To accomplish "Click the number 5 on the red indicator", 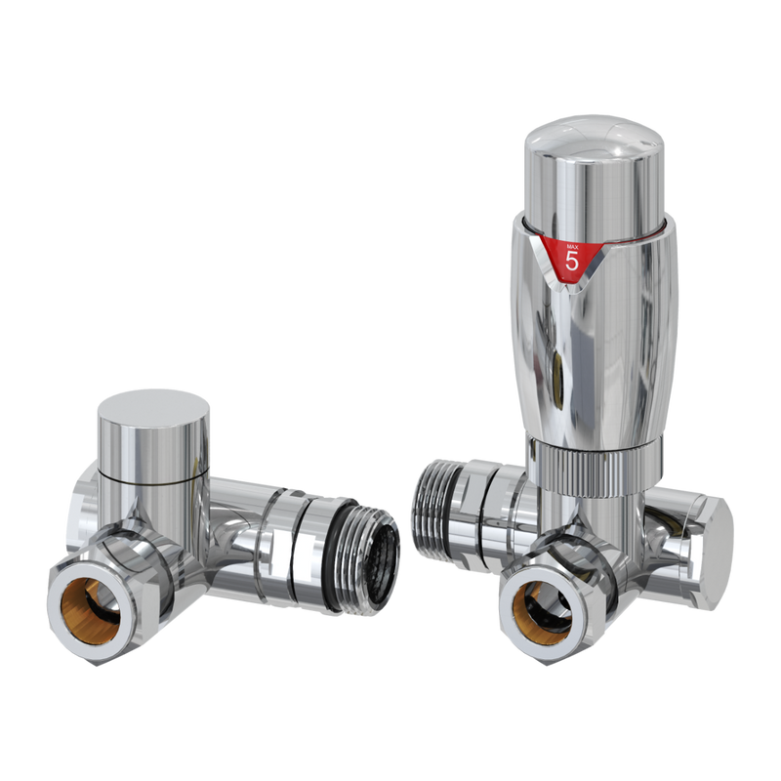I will (572, 261).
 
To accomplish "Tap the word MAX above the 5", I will (572, 243).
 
